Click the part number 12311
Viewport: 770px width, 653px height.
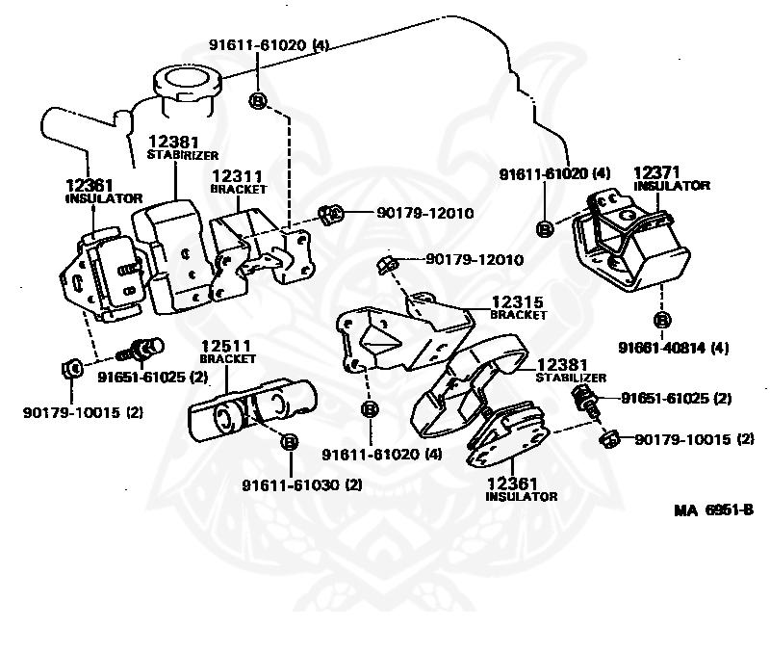[237, 176]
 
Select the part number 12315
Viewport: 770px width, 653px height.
[518, 301]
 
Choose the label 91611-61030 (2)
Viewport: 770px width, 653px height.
[302, 484]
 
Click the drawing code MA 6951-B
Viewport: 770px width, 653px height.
[712, 508]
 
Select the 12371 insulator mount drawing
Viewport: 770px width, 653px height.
[630, 246]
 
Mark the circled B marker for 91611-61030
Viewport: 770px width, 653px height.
[288, 442]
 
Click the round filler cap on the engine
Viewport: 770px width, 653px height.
[184, 81]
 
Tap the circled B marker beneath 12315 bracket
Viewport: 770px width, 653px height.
[369, 410]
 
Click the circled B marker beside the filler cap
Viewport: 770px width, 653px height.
[258, 99]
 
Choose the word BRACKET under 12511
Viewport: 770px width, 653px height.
[228, 358]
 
